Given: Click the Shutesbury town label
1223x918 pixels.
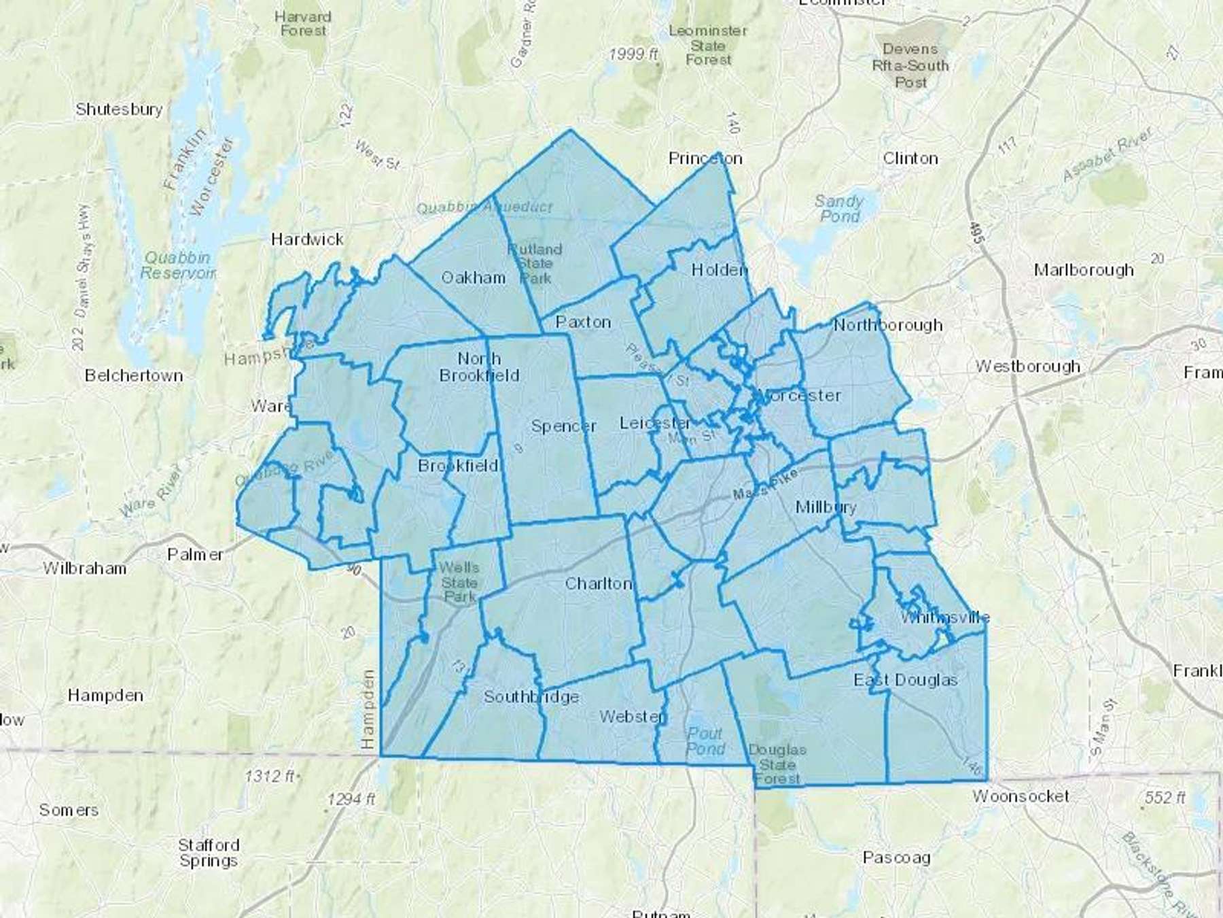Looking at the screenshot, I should tap(119, 109).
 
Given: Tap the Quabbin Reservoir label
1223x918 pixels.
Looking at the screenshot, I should tap(178, 265).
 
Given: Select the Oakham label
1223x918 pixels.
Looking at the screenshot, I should tap(474, 277).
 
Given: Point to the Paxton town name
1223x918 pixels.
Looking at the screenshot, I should tap(583, 322).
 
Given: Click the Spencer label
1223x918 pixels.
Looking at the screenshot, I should tap(563, 426).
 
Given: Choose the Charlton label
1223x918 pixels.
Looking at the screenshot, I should tap(599, 583).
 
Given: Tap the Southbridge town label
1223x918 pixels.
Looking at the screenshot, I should tap(531, 696).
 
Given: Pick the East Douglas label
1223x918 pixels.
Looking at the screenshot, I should tap(906, 680).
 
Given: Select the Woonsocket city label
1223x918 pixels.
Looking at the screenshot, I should tap(1021, 796).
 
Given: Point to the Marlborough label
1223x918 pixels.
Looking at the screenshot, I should tap(1084, 270).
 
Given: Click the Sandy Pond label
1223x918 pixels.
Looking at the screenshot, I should tap(839, 209).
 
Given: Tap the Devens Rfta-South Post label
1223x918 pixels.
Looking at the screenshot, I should tap(910, 66).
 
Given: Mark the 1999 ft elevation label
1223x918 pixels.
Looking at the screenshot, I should tap(633, 54).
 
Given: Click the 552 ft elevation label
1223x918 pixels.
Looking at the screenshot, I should tap(1165, 798).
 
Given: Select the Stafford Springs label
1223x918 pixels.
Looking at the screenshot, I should tap(209, 853).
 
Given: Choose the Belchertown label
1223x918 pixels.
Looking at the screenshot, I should tap(134, 375).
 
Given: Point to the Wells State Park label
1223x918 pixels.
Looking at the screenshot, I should tap(459, 582).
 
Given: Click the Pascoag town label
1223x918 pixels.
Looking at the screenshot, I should tap(896, 857).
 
